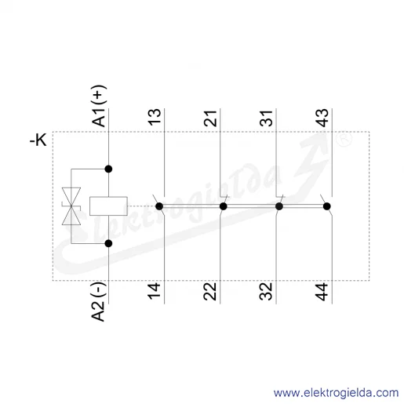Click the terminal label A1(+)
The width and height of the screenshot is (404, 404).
[x=99, y=106]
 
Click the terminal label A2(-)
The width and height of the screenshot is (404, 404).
[x=99, y=301]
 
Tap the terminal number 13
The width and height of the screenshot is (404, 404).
[x=155, y=117]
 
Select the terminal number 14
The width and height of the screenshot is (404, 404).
[x=154, y=291]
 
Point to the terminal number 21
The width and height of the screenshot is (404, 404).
[x=210, y=118]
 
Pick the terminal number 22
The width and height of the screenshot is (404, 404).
[x=210, y=292]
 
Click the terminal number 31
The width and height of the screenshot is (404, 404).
[x=266, y=118]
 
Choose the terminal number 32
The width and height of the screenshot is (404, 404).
[x=266, y=292]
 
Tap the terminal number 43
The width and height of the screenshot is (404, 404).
[x=322, y=118]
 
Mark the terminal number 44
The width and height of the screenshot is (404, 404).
[x=322, y=292]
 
